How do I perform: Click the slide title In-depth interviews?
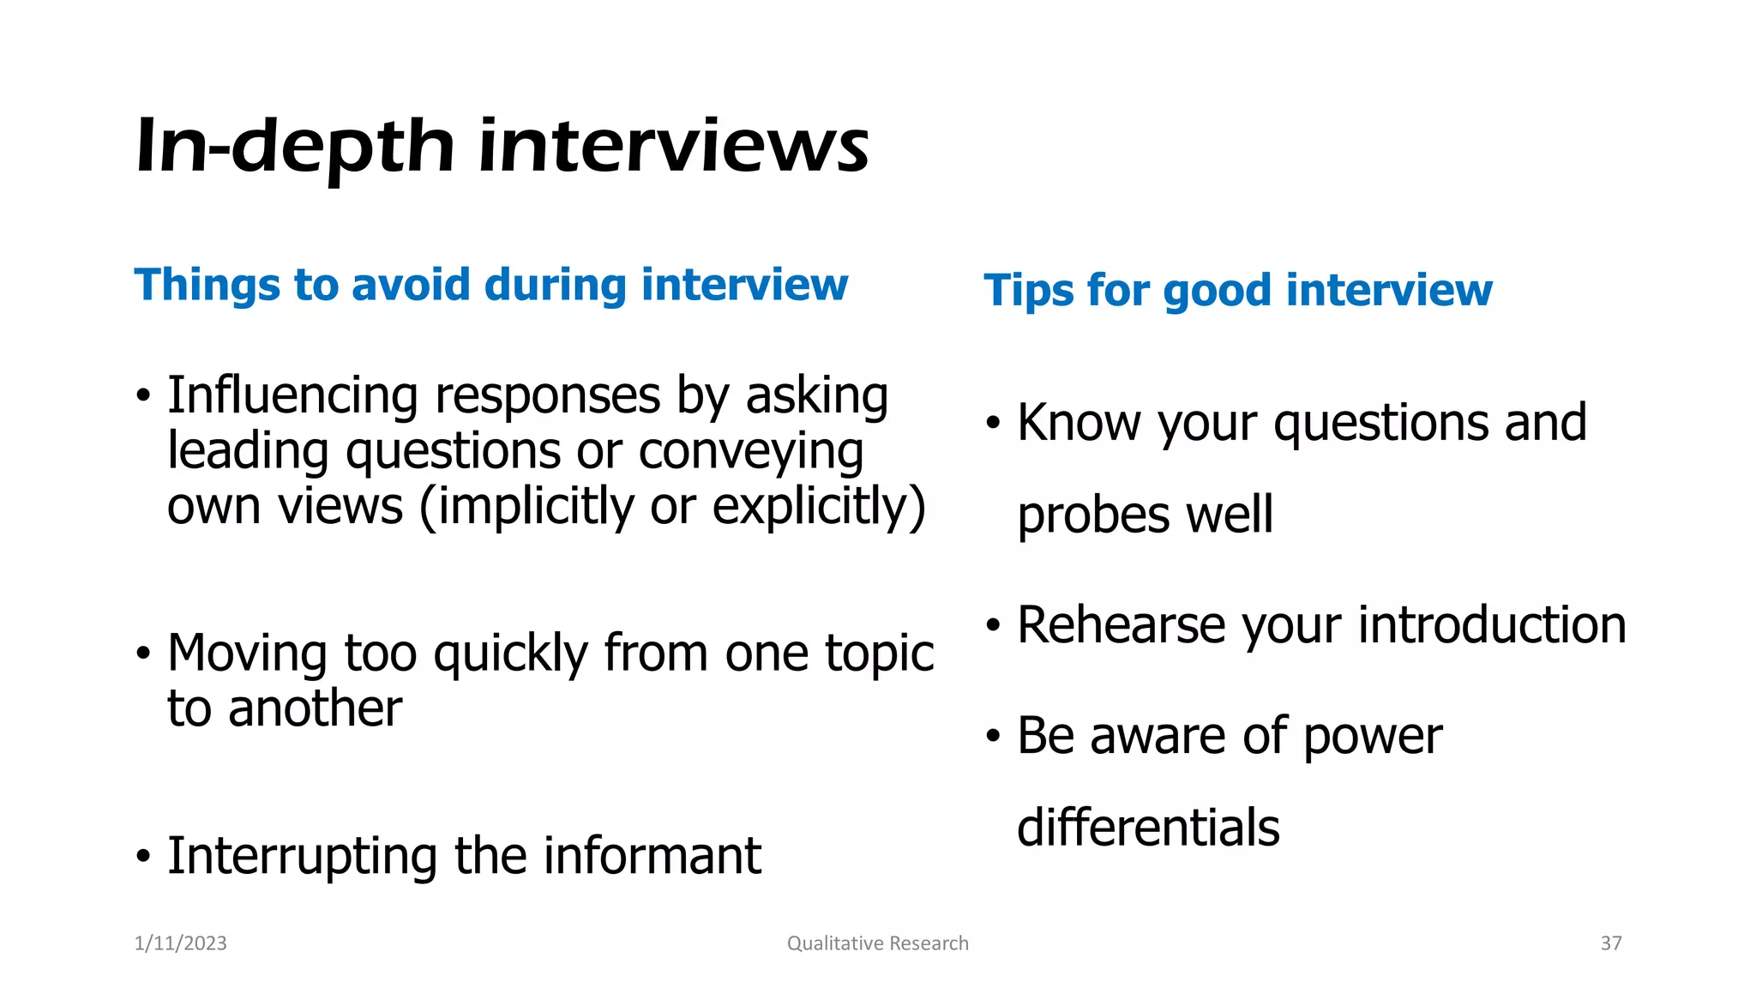click(x=502, y=146)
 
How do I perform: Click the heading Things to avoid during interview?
click(x=490, y=285)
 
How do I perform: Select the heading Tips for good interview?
click(x=1237, y=290)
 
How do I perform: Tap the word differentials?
click(x=1148, y=828)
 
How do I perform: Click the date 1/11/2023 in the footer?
click(x=181, y=943)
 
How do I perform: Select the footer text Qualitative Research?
click(x=877, y=943)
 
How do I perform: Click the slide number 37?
click(x=1610, y=943)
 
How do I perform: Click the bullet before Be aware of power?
click(x=993, y=737)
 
